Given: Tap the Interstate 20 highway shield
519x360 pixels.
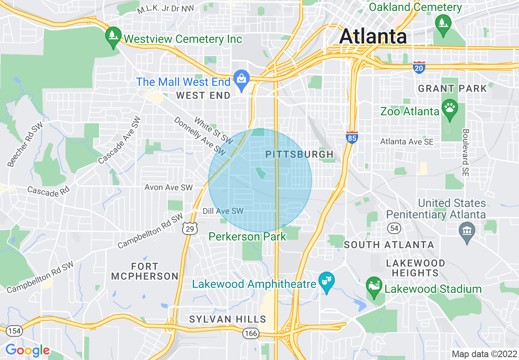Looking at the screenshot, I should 419,67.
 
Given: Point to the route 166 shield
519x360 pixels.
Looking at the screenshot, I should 250,333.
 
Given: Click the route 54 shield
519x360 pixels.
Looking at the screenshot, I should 395,228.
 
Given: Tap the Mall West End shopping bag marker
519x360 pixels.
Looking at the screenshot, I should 241,79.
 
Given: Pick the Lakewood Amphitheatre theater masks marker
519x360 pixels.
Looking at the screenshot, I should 326,281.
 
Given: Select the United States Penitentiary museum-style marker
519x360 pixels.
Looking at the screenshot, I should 467,231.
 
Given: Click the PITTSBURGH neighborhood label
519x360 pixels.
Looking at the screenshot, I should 300,154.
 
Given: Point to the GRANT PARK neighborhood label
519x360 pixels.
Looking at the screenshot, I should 452,88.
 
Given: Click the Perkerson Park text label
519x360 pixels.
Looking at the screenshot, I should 248,236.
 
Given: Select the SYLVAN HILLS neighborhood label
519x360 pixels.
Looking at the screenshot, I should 228,319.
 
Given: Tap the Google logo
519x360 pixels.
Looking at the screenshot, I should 27,350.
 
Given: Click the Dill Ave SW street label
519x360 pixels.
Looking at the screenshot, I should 223,211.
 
